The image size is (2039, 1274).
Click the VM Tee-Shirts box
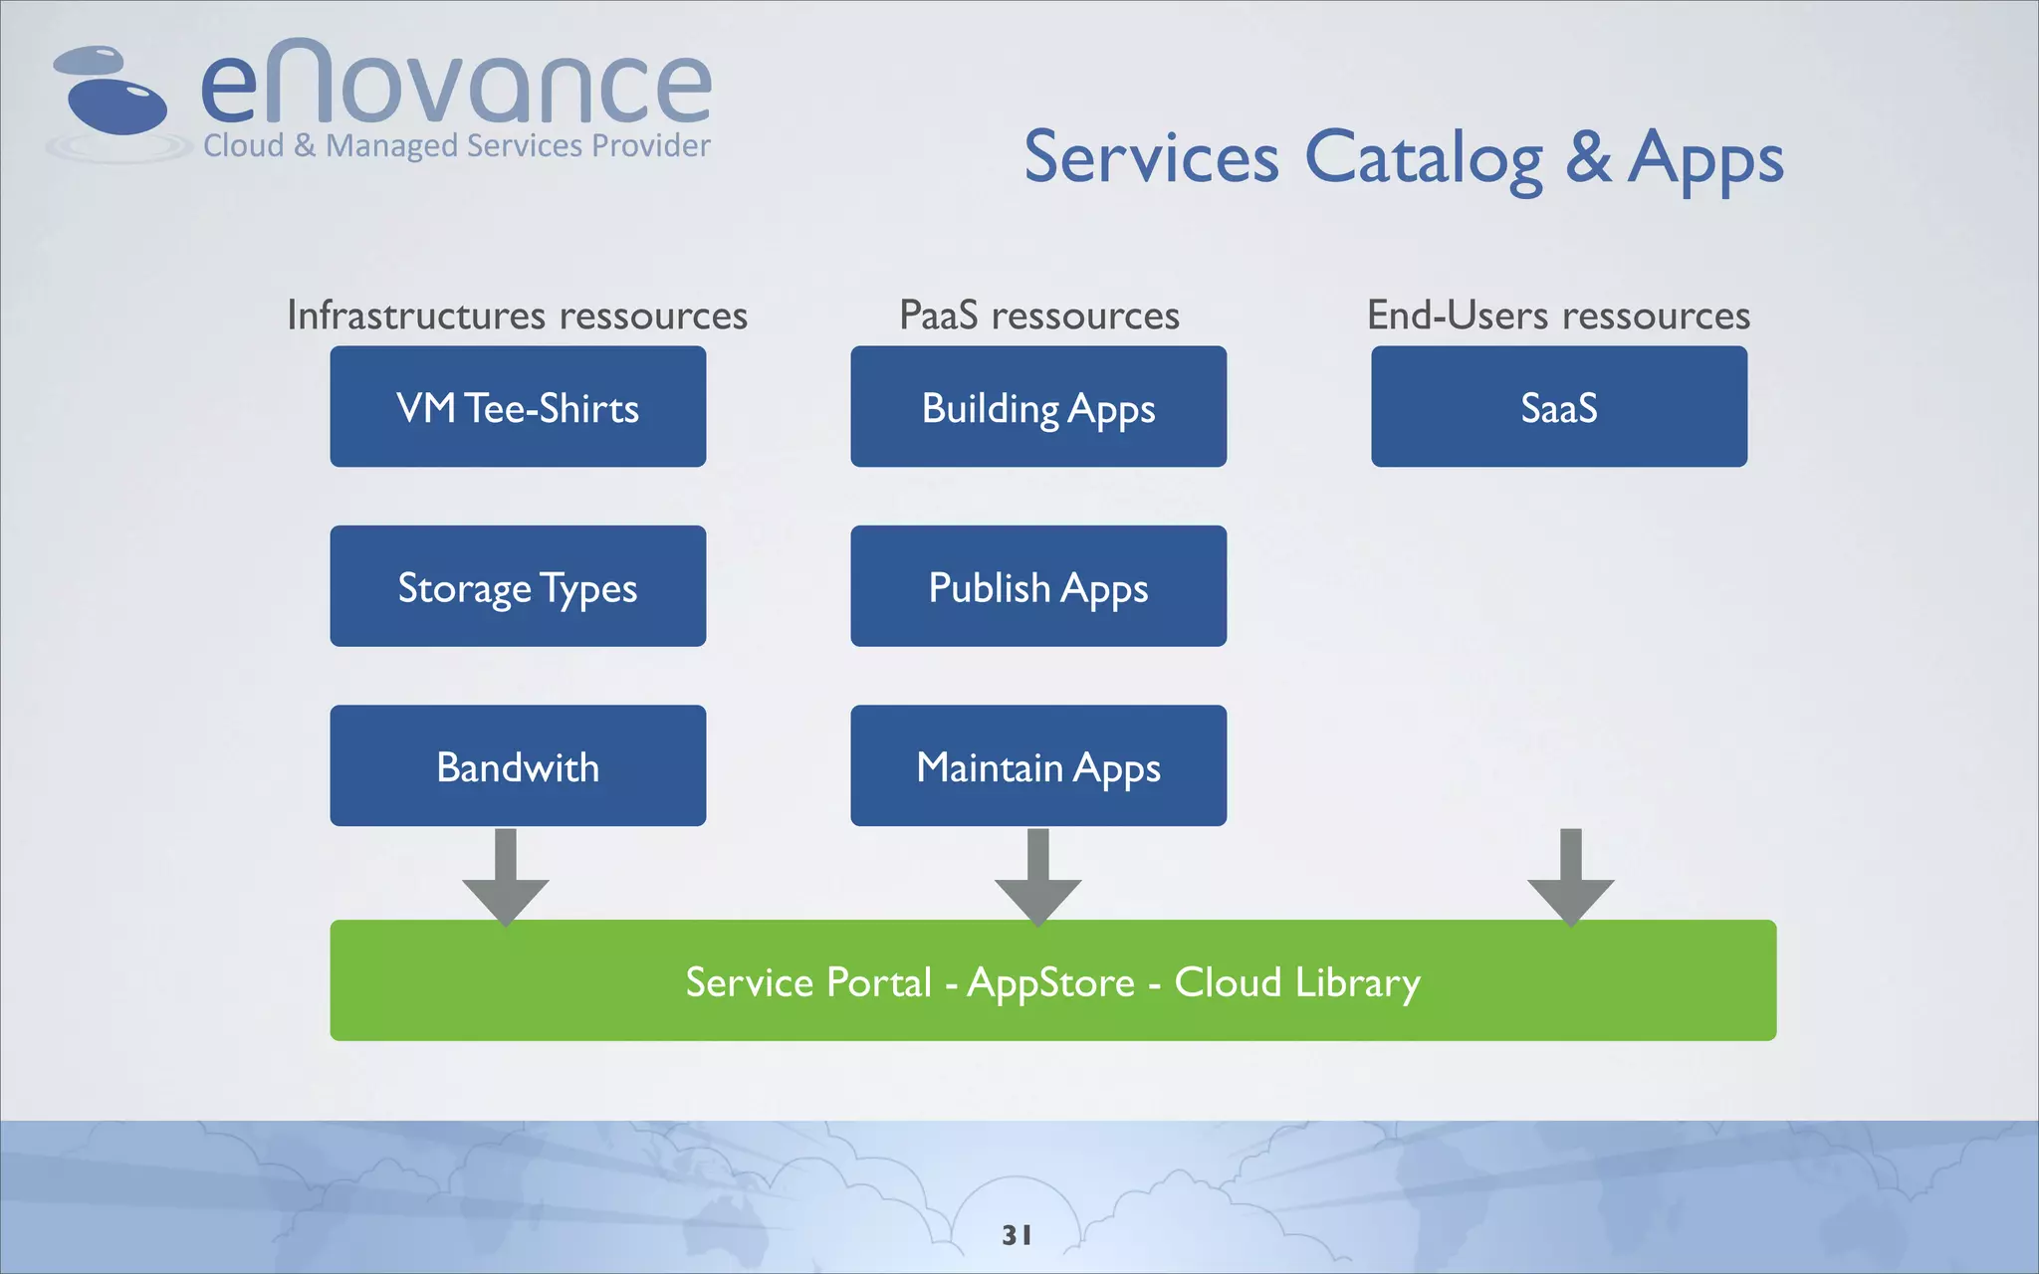(518, 407)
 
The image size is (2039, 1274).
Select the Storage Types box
(518, 586)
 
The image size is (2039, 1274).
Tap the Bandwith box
(518, 765)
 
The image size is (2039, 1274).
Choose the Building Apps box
(1038, 407)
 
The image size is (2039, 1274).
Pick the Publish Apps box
(1038, 586)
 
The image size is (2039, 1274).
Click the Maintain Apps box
(1038, 765)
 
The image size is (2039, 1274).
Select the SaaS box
(1559, 407)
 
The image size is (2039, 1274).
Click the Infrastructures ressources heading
(517, 316)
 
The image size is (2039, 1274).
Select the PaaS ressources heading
(1038, 316)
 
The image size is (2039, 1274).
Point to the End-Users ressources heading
(1558, 316)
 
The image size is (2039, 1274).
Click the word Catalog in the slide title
(1423, 159)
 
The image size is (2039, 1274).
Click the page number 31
(1017, 1235)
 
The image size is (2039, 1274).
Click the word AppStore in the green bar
(1051, 983)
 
